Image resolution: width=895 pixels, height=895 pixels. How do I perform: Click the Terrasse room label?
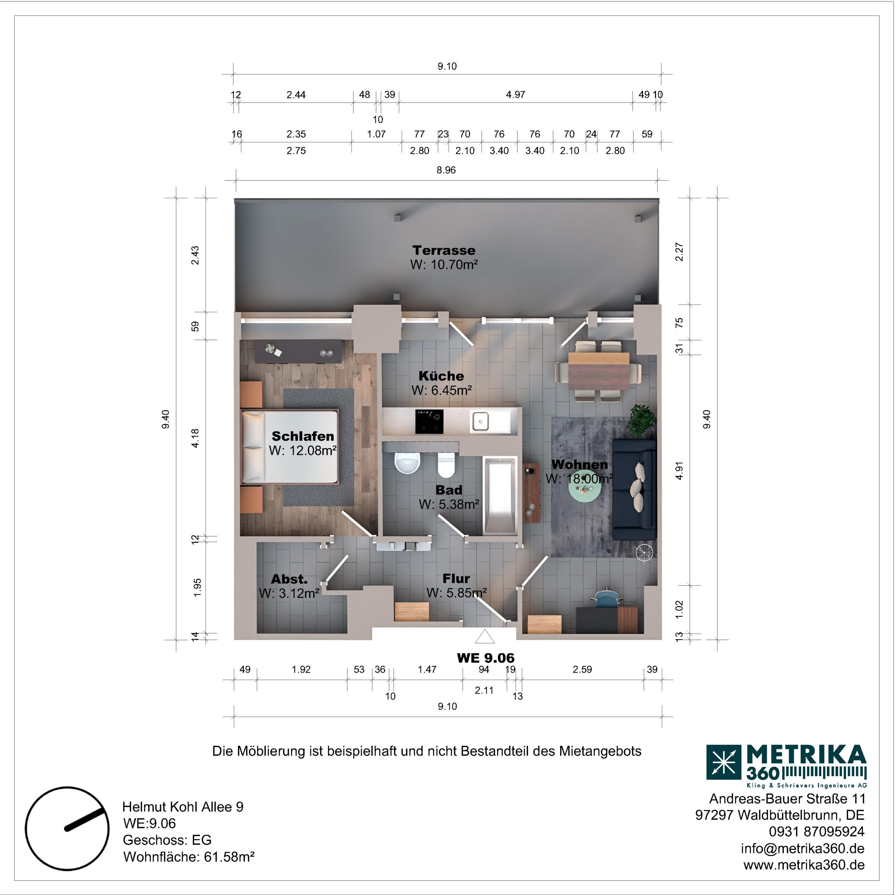click(x=444, y=251)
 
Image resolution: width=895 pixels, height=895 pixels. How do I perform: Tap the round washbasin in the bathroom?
click(x=408, y=463)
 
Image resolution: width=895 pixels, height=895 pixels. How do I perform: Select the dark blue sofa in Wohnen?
click(x=634, y=490)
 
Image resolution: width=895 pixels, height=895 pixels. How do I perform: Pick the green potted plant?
click(x=642, y=420)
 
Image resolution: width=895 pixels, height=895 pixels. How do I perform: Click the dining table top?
click(x=599, y=372)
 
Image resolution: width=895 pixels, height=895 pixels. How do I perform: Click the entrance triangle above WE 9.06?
click(x=485, y=637)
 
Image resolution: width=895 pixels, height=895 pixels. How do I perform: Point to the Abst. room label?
click(x=289, y=579)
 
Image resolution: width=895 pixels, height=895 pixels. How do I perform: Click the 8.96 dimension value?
click(x=446, y=170)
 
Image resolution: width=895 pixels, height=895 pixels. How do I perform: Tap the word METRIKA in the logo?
click(x=806, y=756)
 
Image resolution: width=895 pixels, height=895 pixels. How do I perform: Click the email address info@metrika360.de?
click(x=803, y=848)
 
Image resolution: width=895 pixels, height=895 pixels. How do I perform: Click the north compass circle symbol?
click(x=67, y=828)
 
